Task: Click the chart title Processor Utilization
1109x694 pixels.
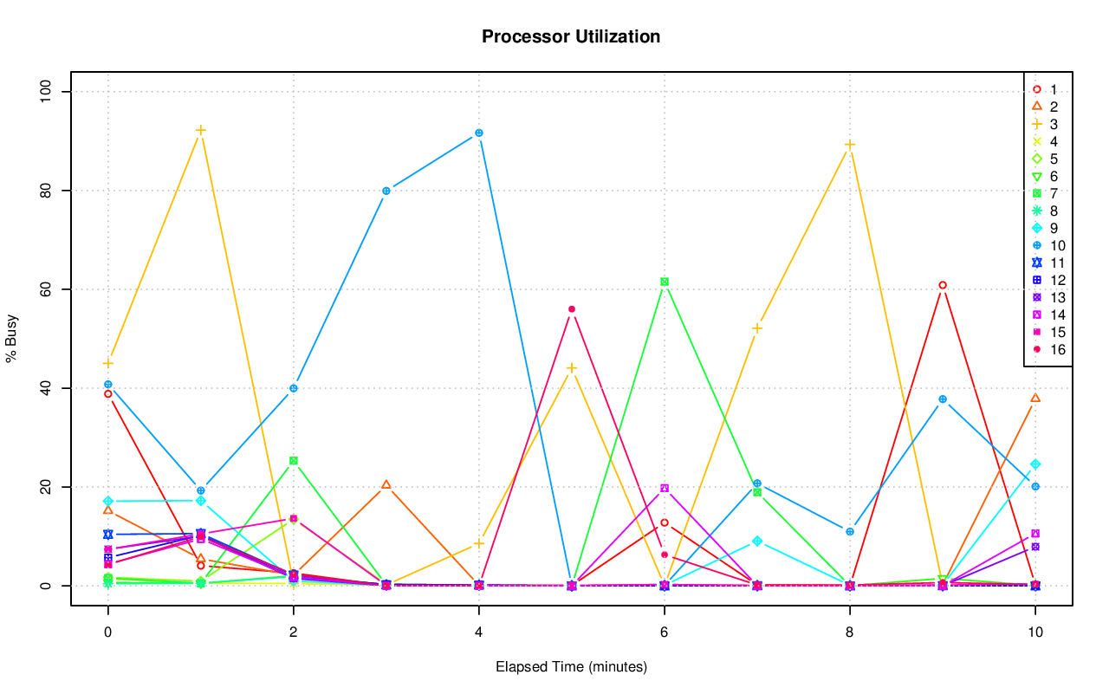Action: click(x=571, y=37)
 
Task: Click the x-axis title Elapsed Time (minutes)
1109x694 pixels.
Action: click(x=571, y=667)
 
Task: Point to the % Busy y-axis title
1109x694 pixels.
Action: click(x=12, y=339)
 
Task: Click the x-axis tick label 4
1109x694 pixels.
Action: click(x=478, y=632)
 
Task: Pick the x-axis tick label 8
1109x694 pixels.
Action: click(x=849, y=632)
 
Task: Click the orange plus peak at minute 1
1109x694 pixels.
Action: click(x=200, y=130)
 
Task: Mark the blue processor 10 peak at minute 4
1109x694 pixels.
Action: click(x=478, y=133)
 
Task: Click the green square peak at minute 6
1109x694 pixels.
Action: click(x=664, y=282)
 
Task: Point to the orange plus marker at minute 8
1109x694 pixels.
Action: click(x=849, y=145)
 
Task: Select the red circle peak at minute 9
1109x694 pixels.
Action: click(x=942, y=285)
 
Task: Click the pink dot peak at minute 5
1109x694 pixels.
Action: click(x=571, y=309)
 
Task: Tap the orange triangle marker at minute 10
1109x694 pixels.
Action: click(x=1034, y=398)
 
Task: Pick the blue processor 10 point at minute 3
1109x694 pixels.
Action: click(x=386, y=191)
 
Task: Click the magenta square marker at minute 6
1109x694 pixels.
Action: click(x=664, y=488)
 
